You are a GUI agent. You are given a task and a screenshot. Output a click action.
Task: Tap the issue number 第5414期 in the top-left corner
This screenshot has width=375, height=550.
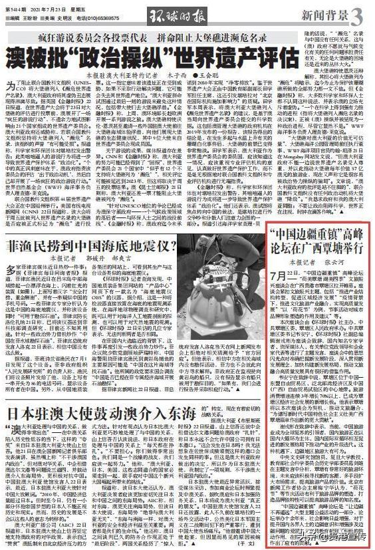click(15, 7)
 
